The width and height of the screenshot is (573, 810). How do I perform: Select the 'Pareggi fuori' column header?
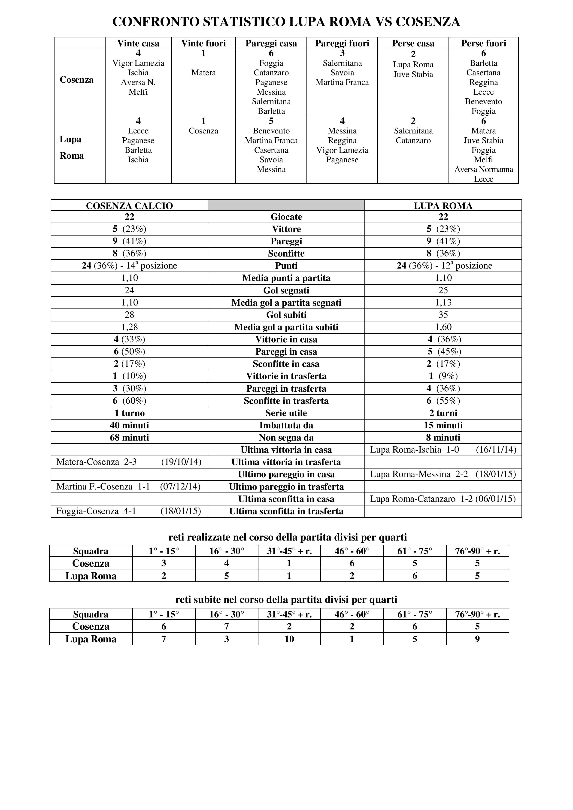(342, 43)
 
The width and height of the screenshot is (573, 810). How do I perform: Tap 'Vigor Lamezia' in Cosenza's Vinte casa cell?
(138, 63)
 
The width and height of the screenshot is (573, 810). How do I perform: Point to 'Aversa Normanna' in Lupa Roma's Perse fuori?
(483, 169)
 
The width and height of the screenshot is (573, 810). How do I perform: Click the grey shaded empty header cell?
(286, 205)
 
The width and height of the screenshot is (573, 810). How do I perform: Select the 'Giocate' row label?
(286, 217)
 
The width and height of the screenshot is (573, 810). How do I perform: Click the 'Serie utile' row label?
(286, 413)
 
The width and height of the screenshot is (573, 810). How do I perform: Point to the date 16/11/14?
(496, 450)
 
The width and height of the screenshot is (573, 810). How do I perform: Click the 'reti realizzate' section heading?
(288, 537)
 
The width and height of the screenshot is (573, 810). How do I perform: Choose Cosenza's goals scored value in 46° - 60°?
(352, 563)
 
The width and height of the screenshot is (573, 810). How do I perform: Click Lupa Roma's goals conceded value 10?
(289, 639)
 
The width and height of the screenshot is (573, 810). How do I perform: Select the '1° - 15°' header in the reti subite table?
(164, 615)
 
